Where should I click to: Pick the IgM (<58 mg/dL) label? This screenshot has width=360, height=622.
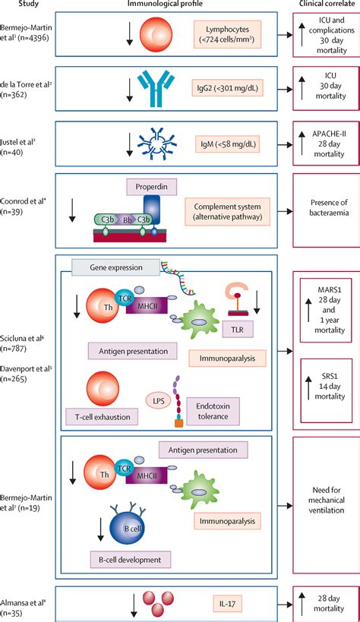[226, 141]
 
